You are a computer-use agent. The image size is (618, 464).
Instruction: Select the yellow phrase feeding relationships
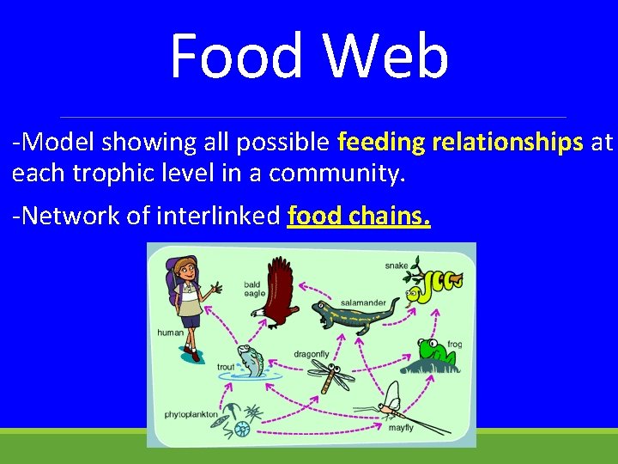pyautogui.click(x=461, y=143)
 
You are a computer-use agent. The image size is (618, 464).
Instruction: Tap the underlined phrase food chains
pyautogui.click(x=359, y=215)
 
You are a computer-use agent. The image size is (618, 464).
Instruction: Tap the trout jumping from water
pyautogui.click(x=250, y=361)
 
